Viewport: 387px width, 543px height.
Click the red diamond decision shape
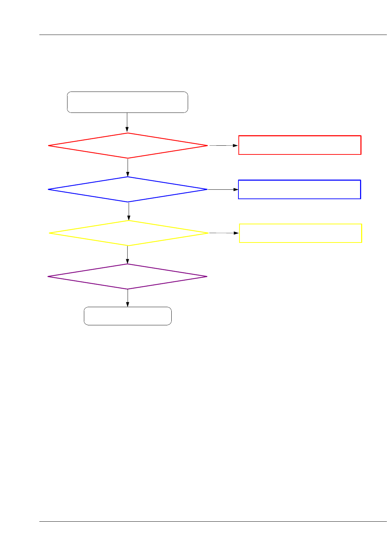point(128,146)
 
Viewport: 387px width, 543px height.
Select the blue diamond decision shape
point(128,189)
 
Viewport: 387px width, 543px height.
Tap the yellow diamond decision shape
point(129,233)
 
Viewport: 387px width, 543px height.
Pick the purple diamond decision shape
point(128,276)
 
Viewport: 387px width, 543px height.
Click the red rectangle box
point(300,145)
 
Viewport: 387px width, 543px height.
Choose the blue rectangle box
point(299,189)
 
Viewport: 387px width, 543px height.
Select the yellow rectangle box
point(300,233)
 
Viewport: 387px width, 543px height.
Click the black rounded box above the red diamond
point(127,102)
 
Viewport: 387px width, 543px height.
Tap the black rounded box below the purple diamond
point(128,316)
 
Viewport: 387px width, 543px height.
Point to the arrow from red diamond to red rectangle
point(223,145)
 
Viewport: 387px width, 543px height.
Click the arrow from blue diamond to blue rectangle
point(223,189)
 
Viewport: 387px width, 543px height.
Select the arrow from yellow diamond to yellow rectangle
point(224,233)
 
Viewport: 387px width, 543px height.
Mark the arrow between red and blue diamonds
point(128,167)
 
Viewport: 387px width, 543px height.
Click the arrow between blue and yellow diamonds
point(129,211)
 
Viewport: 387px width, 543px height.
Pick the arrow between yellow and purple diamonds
point(128,255)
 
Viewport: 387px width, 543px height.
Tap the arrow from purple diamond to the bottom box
point(128,298)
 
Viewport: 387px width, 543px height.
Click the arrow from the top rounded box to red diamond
point(127,123)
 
